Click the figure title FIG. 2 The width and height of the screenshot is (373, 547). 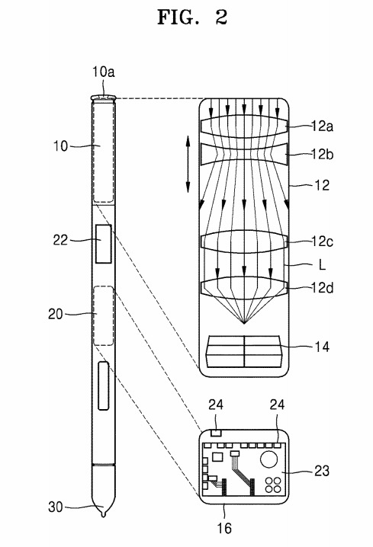tap(192, 17)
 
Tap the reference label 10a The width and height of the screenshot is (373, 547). tap(104, 72)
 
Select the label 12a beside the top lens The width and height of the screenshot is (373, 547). tap(322, 126)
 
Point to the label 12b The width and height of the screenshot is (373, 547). tap(322, 154)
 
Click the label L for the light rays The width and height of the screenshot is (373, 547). tap(322, 265)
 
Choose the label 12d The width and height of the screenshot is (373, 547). tap(322, 288)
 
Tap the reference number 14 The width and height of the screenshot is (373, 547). tap(322, 347)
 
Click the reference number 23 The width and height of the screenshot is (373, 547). tap(322, 471)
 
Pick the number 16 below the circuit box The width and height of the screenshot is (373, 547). tap(224, 528)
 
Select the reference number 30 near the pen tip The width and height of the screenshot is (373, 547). tap(56, 507)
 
